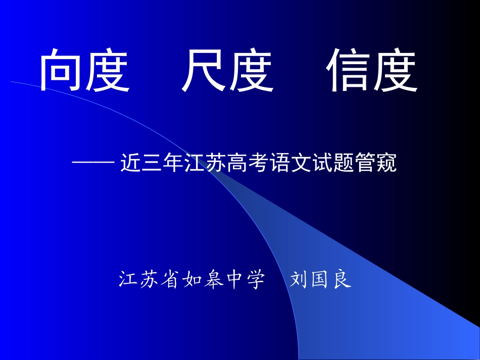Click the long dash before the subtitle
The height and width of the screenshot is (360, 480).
[x=93, y=164]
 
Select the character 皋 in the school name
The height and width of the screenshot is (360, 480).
[x=217, y=279]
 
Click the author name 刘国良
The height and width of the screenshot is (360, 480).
[x=321, y=279]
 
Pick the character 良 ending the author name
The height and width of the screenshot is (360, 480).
[x=343, y=279]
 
